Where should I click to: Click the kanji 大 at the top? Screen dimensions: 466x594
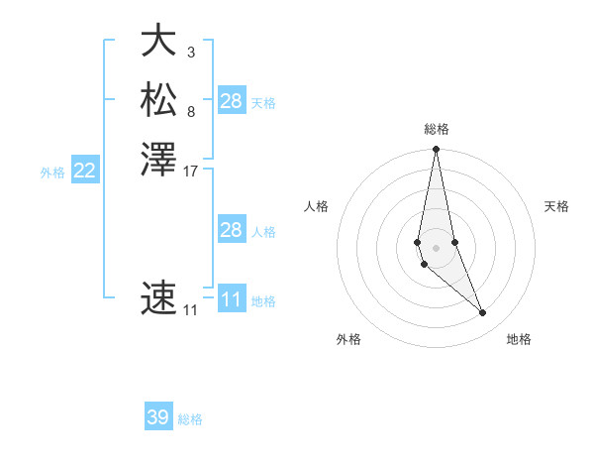coord(158,42)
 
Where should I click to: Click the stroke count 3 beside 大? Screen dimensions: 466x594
coord(191,52)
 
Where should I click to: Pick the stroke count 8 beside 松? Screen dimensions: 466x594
coord(191,110)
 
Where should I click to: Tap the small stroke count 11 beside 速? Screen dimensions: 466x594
coord(190,310)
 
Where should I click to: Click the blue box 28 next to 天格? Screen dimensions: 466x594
coord(232,100)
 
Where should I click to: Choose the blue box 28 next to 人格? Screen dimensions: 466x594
coord(232,230)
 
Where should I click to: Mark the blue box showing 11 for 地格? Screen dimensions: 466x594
coord(232,299)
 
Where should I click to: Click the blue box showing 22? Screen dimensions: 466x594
coord(85,171)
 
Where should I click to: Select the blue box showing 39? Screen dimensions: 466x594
coord(158,417)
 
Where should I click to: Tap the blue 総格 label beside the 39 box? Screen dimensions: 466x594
coord(190,419)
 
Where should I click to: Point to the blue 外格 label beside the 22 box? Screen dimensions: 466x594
coord(52,173)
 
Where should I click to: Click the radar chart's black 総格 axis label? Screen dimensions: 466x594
coord(437,129)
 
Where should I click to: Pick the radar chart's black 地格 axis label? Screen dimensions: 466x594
coord(519,339)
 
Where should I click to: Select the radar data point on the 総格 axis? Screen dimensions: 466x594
coord(436,151)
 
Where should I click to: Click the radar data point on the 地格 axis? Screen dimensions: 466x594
coord(483,313)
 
